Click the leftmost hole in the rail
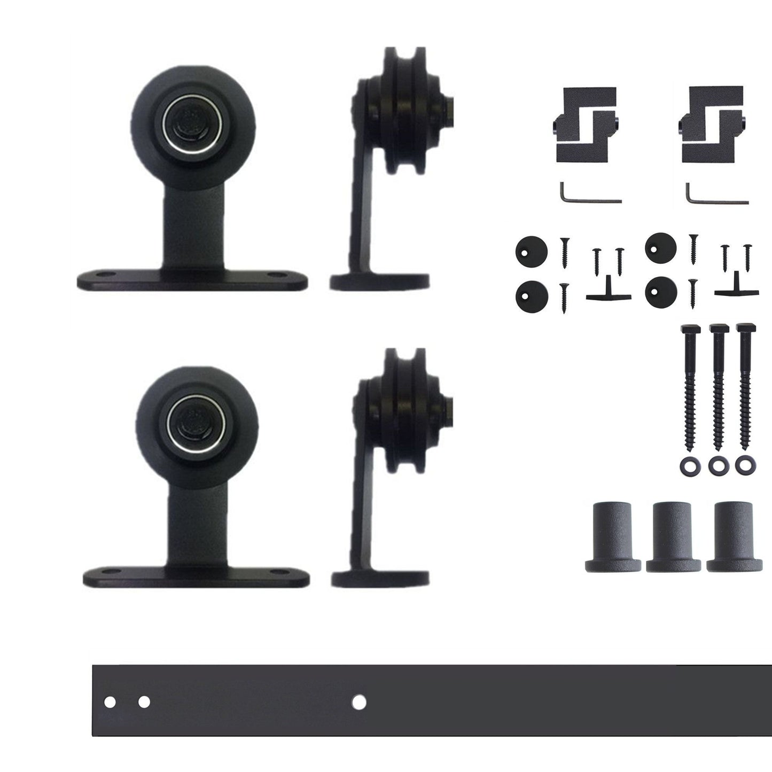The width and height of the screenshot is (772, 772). coord(110,702)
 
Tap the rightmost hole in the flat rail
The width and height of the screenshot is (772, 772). coord(360,701)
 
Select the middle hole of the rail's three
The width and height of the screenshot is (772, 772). coord(144,701)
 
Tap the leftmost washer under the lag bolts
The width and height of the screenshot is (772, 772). coord(688,465)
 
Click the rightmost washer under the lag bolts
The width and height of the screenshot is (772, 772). coord(742,465)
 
